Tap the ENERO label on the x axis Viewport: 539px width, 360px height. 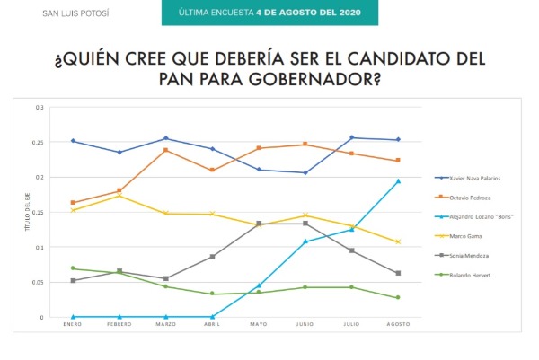[73, 326]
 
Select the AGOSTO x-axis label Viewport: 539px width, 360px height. [398, 326]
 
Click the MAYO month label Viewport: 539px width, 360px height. [259, 326]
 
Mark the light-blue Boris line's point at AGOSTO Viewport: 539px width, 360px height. [398, 181]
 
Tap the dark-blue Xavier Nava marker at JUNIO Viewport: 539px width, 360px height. [305, 172]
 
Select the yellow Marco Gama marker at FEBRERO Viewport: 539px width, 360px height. [119, 196]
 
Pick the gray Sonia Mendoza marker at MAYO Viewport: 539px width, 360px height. [259, 224]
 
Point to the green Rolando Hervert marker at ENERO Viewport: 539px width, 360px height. [73, 268]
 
